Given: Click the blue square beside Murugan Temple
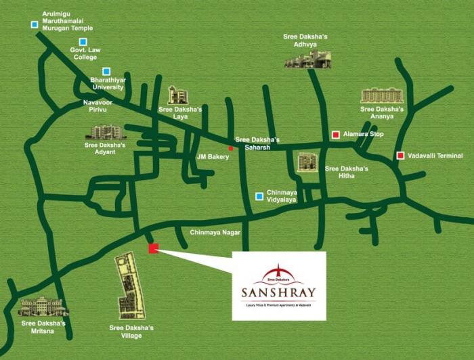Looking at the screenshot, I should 35,25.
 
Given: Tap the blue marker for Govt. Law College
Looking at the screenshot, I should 83,42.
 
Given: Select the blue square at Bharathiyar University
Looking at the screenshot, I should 106,72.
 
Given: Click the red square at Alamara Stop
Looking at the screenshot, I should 335,135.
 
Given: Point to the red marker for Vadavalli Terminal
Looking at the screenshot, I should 400,156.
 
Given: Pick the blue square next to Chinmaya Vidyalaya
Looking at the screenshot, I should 259,196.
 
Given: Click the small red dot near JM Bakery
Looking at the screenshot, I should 230,148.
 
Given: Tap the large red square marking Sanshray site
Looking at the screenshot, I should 153,248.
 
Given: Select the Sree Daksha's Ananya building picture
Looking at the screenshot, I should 381,95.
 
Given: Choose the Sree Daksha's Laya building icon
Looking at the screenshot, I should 177,95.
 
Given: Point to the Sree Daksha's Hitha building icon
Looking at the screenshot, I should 307,162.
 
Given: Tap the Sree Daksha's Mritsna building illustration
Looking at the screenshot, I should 43,307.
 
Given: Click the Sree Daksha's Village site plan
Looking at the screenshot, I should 129,287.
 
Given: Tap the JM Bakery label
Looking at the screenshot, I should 213,157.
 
